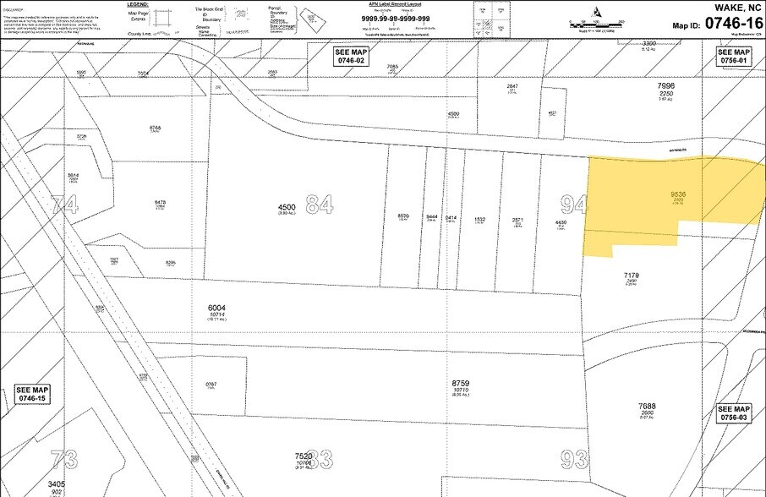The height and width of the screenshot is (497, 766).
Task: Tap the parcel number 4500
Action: coord(287,207)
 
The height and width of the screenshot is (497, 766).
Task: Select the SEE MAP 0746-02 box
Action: coord(352,57)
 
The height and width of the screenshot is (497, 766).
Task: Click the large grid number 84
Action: coord(319,204)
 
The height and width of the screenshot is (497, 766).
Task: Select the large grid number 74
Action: coord(64,205)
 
